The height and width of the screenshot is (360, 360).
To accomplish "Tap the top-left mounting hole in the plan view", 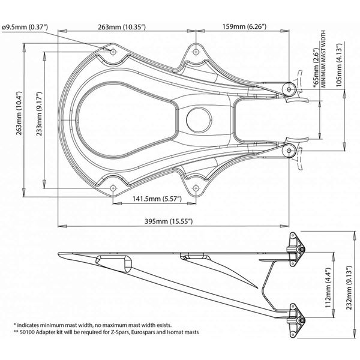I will click(x=113, y=52).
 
